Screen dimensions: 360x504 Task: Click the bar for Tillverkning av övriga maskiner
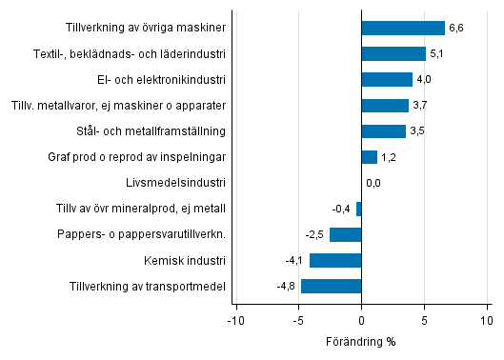point(403,29)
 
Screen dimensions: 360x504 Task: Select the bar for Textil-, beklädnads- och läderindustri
point(393,54)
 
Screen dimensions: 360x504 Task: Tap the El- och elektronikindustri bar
point(387,80)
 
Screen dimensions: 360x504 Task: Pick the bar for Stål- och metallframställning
point(384,131)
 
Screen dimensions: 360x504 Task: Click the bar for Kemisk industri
point(335,260)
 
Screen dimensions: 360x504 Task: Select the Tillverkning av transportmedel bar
point(331,286)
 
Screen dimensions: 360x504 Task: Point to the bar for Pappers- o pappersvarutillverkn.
point(345,234)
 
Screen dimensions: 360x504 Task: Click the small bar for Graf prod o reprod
point(369,157)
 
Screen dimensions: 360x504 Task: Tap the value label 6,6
point(457,29)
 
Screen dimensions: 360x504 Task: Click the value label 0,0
point(373,183)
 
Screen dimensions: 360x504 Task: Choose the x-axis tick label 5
point(424,320)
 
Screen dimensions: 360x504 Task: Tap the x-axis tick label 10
point(486,320)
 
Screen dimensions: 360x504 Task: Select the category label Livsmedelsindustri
point(175,183)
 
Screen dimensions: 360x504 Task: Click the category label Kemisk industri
point(186,260)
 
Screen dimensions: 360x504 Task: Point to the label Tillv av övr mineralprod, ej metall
point(148,209)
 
